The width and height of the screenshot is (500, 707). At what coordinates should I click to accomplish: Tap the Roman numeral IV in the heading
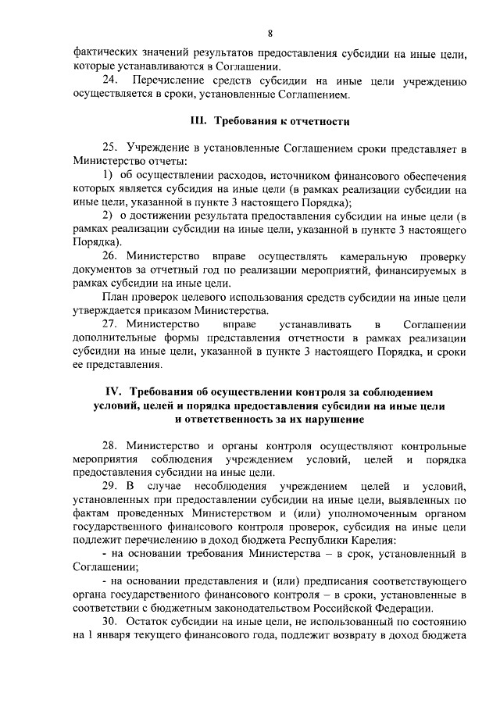[x=115, y=391]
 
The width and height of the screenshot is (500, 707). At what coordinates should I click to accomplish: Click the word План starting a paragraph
[x=116, y=297]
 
